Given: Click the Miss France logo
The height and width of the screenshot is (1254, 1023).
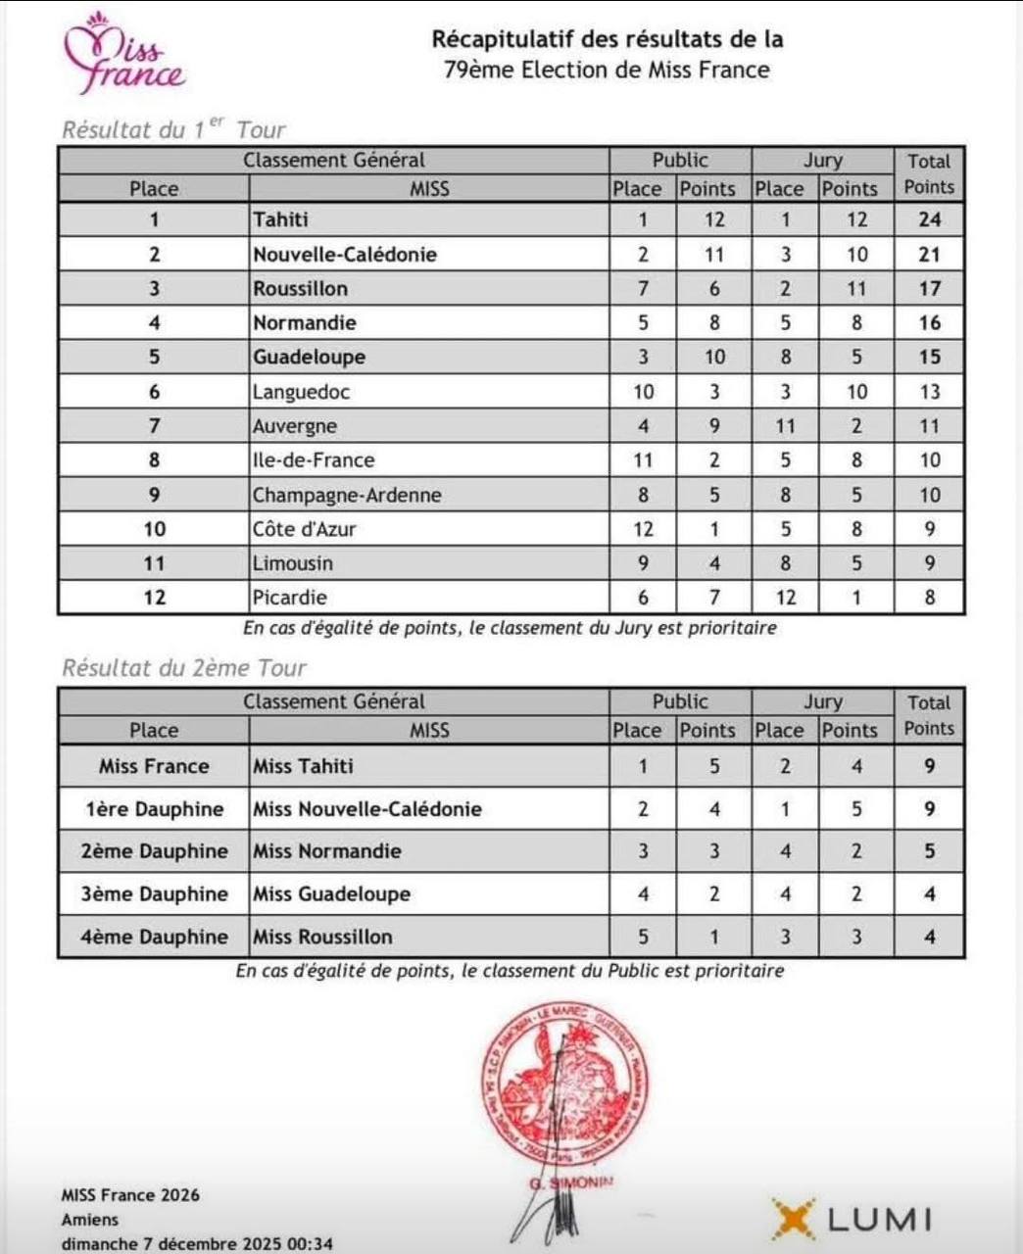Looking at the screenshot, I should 123,57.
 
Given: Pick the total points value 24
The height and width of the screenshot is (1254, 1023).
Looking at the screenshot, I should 929,219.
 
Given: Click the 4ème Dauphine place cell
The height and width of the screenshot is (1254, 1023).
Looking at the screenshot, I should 154,937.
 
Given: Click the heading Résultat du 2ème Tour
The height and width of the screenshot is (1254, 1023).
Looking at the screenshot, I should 184,668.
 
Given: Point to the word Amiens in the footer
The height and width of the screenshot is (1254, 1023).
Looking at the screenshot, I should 90,1220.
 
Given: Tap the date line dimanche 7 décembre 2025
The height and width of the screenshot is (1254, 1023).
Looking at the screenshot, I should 197,1244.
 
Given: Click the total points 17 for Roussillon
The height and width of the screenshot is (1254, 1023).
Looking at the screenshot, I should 929,289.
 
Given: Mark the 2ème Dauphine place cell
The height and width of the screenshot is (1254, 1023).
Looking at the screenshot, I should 154,851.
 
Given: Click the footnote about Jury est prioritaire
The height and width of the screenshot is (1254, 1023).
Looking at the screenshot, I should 510,628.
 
